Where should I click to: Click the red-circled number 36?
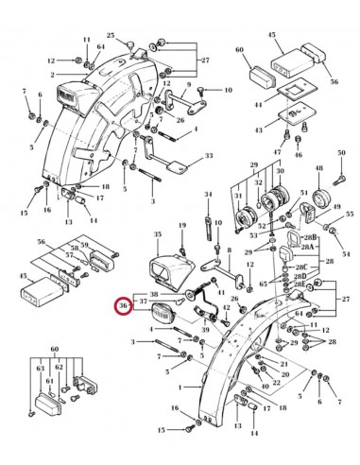[x=122, y=306]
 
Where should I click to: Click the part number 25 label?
[x=110, y=35]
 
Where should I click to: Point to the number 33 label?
[x=209, y=154]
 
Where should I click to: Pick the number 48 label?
[x=318, y=168]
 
